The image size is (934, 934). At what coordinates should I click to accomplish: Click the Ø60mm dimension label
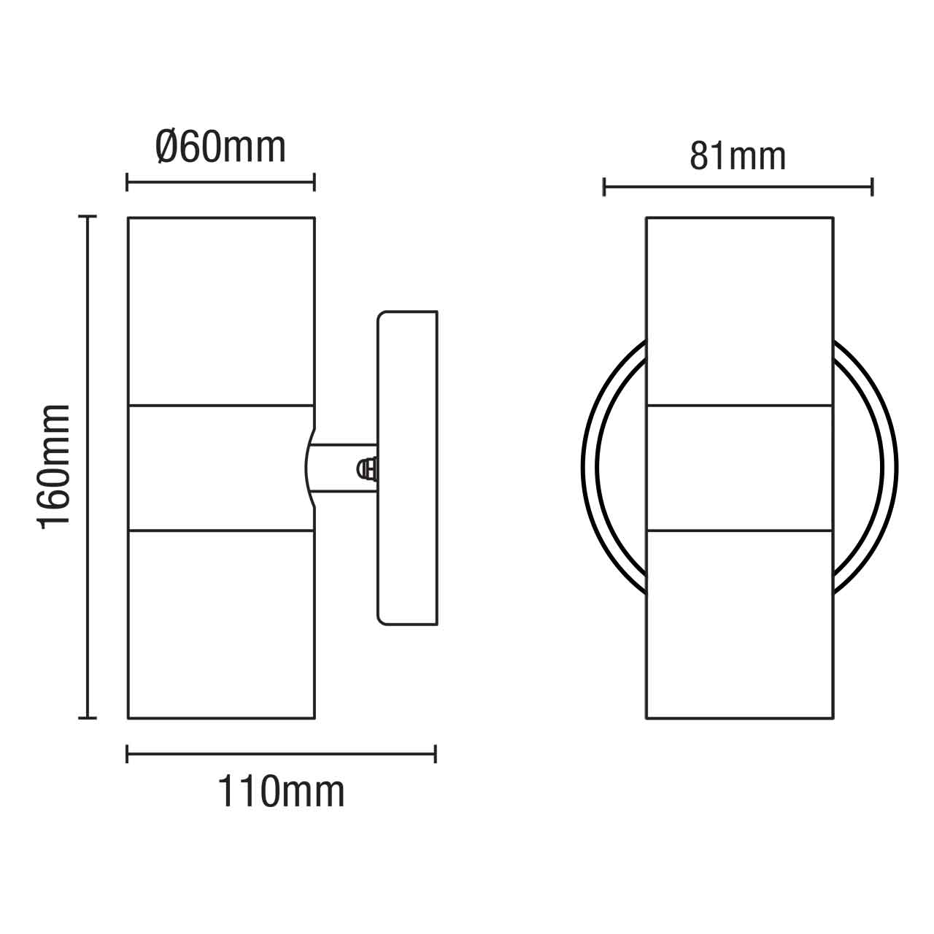220,148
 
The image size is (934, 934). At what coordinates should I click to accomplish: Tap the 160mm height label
55,466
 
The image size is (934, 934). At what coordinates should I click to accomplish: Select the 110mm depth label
281,792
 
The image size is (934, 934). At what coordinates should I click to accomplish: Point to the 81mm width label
738,156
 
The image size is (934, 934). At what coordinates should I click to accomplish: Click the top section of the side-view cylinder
221,310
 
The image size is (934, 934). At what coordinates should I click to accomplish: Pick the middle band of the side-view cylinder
221,467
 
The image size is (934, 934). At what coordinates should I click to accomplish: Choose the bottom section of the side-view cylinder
221,624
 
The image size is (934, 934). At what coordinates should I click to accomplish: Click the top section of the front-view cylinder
739,310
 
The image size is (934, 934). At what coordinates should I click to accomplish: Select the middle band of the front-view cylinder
739,467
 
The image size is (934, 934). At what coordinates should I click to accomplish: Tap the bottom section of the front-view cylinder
739,624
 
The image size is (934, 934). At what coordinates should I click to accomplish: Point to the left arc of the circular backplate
590,467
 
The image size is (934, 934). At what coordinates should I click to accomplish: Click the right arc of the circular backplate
890,467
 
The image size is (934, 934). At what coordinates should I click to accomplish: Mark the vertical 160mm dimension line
88,467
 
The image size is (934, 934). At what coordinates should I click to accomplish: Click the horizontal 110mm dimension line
281,754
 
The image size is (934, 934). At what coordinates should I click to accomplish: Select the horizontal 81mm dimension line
738,187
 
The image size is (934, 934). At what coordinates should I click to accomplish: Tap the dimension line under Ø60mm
220,182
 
